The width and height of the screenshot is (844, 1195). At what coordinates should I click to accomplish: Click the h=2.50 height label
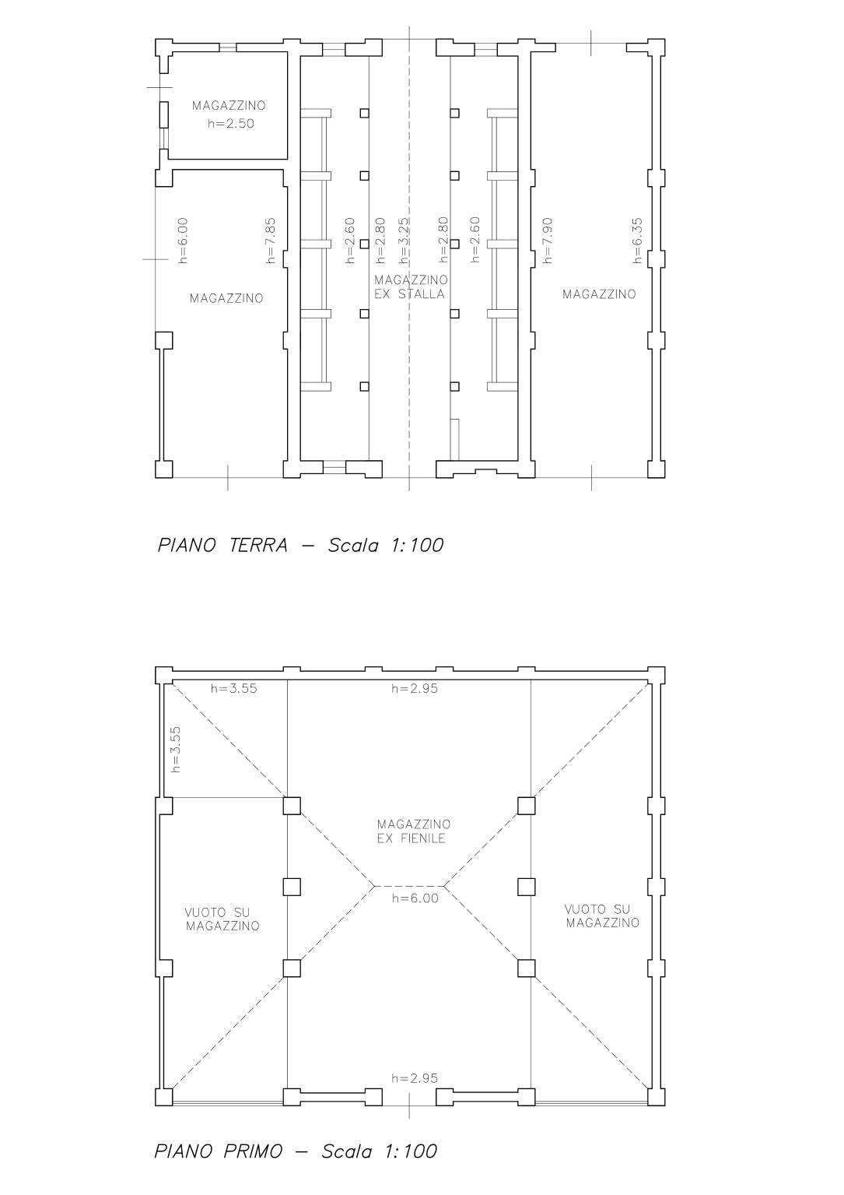230,124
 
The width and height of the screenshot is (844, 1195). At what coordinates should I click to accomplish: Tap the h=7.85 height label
271,241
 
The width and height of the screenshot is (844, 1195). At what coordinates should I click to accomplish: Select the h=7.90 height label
548,241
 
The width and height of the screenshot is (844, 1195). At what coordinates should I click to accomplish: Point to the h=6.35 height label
638,241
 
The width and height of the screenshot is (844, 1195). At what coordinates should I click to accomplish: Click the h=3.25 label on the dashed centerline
404,241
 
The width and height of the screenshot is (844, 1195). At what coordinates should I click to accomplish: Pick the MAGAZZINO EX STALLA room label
411,287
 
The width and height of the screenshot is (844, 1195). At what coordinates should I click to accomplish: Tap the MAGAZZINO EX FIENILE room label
414,831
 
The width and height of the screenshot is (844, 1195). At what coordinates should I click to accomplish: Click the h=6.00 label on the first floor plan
415,898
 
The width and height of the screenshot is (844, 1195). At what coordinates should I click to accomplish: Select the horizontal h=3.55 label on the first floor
233,689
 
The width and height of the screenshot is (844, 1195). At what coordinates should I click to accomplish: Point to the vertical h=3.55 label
176,749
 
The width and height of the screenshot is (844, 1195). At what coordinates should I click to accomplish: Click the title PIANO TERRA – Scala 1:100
300,545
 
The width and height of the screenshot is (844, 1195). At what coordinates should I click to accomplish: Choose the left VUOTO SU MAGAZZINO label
222,919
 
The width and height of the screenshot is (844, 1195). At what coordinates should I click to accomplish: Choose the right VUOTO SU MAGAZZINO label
603,916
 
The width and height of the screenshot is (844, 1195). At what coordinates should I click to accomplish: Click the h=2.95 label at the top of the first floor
415,689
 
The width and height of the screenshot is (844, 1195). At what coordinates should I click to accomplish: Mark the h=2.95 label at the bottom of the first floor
415,1079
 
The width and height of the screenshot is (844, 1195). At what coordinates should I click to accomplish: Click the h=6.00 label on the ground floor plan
182,241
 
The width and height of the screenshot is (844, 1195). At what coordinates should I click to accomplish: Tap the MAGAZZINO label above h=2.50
229,106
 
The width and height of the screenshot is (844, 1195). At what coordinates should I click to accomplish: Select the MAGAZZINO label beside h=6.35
599,294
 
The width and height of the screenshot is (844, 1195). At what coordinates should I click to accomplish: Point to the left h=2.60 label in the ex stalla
350,241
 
